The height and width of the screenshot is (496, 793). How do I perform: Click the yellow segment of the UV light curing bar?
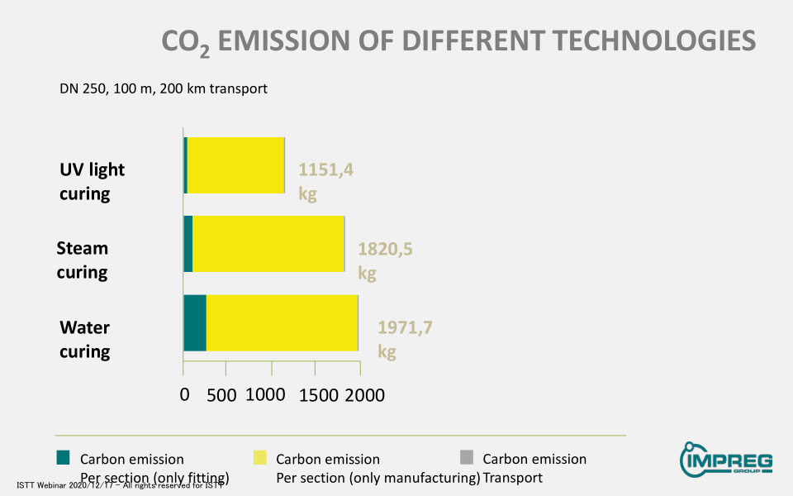click(235, 165)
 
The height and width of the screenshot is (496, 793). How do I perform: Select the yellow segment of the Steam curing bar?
click(268, 244)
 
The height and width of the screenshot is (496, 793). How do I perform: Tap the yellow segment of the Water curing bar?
click(281, 322)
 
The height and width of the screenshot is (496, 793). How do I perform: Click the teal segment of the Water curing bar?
click(195, 322)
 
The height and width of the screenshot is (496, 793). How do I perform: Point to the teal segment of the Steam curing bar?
click(188, 244)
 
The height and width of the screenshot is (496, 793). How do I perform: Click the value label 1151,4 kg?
click(325, 181)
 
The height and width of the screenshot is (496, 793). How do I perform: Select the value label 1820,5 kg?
click(384, 260)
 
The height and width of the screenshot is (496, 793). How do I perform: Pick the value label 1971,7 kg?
click(404, 339)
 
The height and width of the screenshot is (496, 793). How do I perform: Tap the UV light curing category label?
click(92, 181)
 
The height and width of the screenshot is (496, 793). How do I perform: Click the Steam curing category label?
click(83, 260)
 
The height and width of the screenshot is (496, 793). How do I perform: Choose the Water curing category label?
click(84, 339)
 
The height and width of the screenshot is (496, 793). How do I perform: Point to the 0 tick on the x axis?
click(185, 395)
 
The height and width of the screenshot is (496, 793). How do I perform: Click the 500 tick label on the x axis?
click(222, 395)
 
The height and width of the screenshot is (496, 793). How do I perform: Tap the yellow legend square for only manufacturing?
click(260, 457)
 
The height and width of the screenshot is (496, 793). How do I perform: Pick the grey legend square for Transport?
click(467, 457)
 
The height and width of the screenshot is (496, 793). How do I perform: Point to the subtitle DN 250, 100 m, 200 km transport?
click(164, 88)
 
